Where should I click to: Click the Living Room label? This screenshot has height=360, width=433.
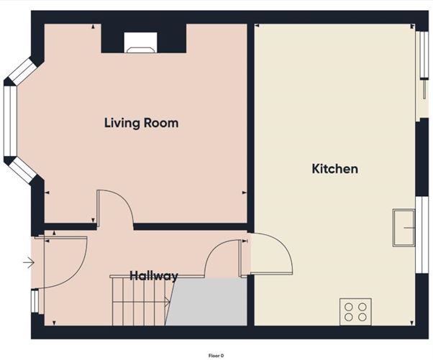141,123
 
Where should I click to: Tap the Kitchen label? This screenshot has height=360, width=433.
335,169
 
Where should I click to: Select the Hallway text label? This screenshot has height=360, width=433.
153,276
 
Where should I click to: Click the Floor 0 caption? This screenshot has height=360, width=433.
216,356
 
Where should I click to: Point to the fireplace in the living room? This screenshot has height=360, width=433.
140,42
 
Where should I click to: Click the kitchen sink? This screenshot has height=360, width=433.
404,228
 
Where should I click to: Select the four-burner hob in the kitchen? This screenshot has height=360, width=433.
355,312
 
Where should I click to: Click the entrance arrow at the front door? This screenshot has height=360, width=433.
29,262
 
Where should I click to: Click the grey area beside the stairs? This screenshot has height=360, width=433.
209,302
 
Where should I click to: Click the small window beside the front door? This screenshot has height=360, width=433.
35,301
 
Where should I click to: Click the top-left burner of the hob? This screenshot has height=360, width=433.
349,307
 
